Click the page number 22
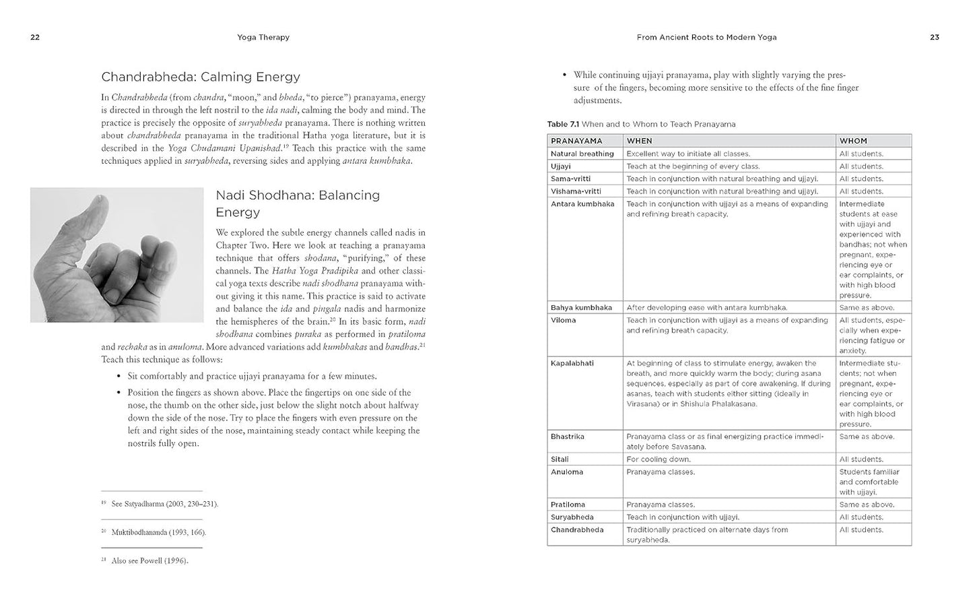(35, 38)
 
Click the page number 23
(934, 38)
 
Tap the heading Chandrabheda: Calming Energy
(200, 77)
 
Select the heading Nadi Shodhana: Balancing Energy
(298, 203)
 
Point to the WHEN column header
(639, 141)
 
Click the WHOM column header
(853, 141)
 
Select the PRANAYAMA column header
(576, 141)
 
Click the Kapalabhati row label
(572, 363)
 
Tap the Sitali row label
(560, 459)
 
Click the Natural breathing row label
(582, 154)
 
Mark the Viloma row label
(564, 320)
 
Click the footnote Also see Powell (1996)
(149, 560)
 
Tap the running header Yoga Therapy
(263, 38)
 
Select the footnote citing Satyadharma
(164, 504)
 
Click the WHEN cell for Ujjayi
(693, 166)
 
